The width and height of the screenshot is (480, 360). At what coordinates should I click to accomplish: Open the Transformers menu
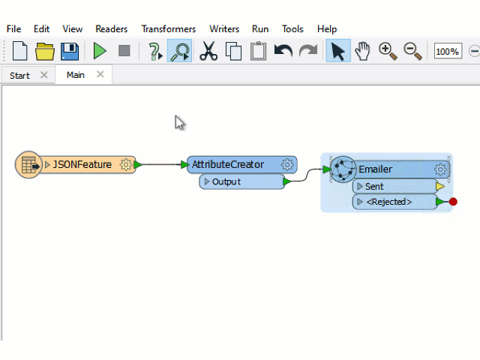168,29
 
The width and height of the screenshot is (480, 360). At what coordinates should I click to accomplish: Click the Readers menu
112,29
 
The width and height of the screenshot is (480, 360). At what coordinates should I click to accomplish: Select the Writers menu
224,29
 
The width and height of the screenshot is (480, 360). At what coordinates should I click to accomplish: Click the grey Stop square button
124,51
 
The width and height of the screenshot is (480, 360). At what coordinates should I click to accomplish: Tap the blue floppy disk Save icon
70,51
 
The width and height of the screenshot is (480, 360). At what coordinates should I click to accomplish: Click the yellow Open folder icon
45,51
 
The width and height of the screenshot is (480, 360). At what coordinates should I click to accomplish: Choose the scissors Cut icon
208,51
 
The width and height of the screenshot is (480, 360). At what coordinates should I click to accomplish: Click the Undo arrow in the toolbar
283,51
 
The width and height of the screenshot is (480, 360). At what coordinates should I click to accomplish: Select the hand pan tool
363,51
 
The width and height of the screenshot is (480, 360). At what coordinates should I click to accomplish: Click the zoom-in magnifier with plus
388,51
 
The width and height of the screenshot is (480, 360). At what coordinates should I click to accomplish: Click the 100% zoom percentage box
448,51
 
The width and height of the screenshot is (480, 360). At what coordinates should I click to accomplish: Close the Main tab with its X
100,74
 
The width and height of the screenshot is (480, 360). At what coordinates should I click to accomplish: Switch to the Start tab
19,75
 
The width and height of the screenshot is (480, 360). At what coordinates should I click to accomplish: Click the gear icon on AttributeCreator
287,165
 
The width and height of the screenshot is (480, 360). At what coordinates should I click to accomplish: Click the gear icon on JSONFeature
125,165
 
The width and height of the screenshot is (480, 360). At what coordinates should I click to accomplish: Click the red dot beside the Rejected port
453,202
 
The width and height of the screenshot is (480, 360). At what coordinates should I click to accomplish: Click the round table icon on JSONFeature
28,165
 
